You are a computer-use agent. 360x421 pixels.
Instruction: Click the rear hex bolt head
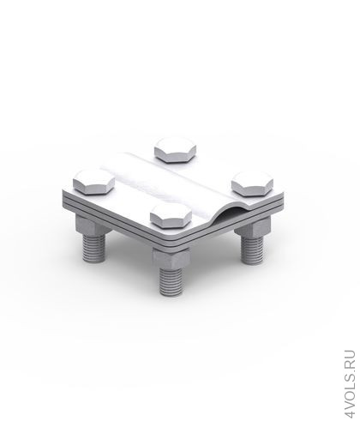pos(175,150)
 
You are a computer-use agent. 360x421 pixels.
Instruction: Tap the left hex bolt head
pos(94,182)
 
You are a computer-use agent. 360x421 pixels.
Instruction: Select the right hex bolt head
pos(252,184)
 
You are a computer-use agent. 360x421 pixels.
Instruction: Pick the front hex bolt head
pos(171,216)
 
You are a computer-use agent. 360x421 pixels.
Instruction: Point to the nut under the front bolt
pos(171,258)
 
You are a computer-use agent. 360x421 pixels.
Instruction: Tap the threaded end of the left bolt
pos(94,248)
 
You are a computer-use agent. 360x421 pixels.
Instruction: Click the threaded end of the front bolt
pos(171,281)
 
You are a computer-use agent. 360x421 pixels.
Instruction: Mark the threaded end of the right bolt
pos(252,250)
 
